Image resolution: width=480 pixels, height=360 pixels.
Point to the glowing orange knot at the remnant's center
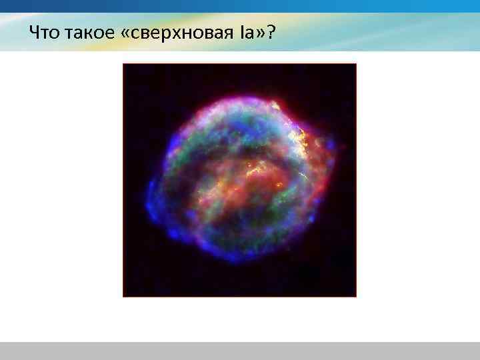(257, 175)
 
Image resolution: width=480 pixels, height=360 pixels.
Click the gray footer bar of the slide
(240, 351)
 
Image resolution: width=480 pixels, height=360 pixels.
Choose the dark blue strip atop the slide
(240, 6)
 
